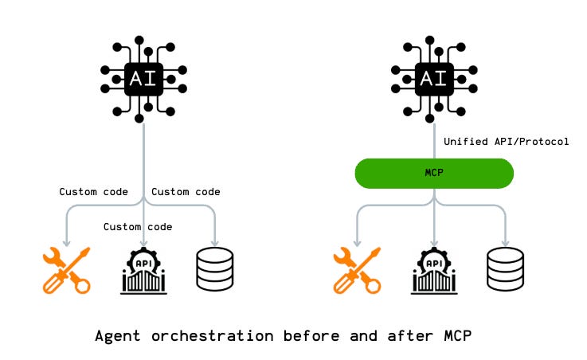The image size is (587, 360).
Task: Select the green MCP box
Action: coord(433,173)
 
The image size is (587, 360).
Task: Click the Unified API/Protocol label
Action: coord(506,142)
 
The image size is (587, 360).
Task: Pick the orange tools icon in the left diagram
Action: coord(65,270)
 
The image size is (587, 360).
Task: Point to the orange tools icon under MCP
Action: coord(355,270)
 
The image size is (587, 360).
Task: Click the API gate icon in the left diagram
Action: coord(143,270)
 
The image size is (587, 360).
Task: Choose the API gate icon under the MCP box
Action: coord(434,270)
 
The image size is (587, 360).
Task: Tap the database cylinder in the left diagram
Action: coord(214,269)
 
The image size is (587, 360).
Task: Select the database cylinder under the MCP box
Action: coord(505,269)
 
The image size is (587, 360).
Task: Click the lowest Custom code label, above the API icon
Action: coord(138,227)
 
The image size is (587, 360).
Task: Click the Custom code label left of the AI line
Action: coord(94,192)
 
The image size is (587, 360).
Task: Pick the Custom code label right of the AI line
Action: coord(186,192)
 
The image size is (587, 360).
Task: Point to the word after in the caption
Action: coord(401,336)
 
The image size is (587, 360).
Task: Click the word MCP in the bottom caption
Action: coord(456,336)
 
